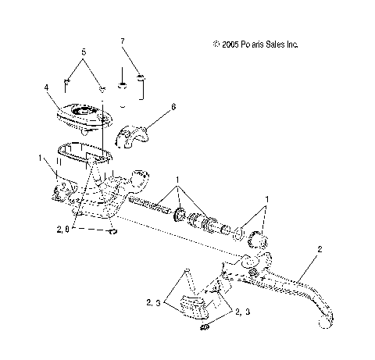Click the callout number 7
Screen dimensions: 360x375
(x=122, y=40)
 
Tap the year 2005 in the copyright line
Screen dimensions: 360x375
(x=230, y=45)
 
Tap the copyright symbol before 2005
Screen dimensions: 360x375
(x=215, y=45)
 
